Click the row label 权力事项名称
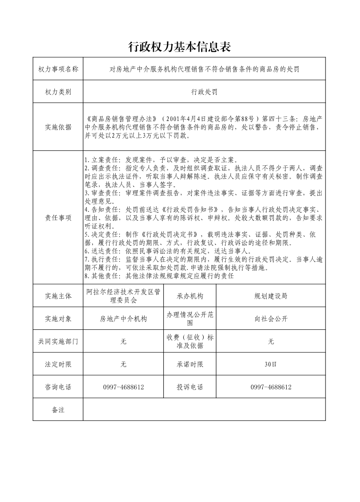pyautogui.click(x=58, y=69)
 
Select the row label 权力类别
pyautogui.click(x=58, y=92)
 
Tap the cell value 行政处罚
pyautogui.click(x=204, y=92)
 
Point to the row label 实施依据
pyautogui.click(x=58, y=127)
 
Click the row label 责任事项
pyautogui.click(x=58, y=217)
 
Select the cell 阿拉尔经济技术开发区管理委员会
pyautogui.click(x=123, y=296)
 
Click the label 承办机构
pyautogui.click(x=190, y=296)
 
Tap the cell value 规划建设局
pyautogui.click(x=271, y=296)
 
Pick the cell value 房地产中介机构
pyautogui.click(x=123, y=319)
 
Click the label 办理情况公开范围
pyautogui.click(x=190, y=319)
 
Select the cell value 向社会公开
pyautogui.click(x=271, y=319)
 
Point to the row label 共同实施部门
pyautogui.click(x=58, y=341)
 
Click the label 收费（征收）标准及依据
pyautogui.click(x=190, y=341)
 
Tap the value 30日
pyautogui.click(x=271, y=364)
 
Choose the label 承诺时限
pyautogui.click(x=190, y=364)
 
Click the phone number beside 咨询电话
pyautogui.click(x=123, y=387)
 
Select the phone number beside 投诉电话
pyautogui.click(x=271, y=387)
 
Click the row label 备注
pyautogui.click(x=58, y=410)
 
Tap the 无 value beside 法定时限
pyautogui.click(x=123, y=364)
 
